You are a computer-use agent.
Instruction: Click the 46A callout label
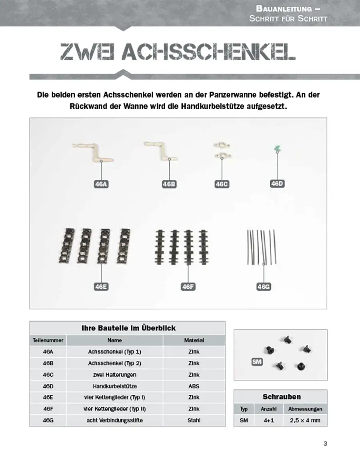(x=101, y=184)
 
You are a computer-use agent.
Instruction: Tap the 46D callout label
(x=277, y=184)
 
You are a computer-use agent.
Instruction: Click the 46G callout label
(x=264, y=287)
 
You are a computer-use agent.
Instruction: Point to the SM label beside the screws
(x=257, y=362)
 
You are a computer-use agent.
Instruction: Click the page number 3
(x=325, y=443)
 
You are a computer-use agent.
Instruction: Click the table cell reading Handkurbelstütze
(x=114, y=386)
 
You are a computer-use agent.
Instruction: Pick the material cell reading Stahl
(x=194, y=420)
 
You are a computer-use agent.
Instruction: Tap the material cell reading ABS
(x=194, y=386)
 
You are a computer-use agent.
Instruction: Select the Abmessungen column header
(x=305, y=409)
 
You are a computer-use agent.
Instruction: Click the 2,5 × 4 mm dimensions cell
(x=305, y=420)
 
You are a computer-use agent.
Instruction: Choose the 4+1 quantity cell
(x=268, y=420)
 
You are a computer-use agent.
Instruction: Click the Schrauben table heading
(x=282, y=397)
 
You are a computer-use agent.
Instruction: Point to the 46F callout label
(x=188, y=287)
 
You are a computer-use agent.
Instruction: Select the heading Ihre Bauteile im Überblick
(x=128, y=328)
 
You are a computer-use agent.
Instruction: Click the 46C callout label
(x=222, y=184)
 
